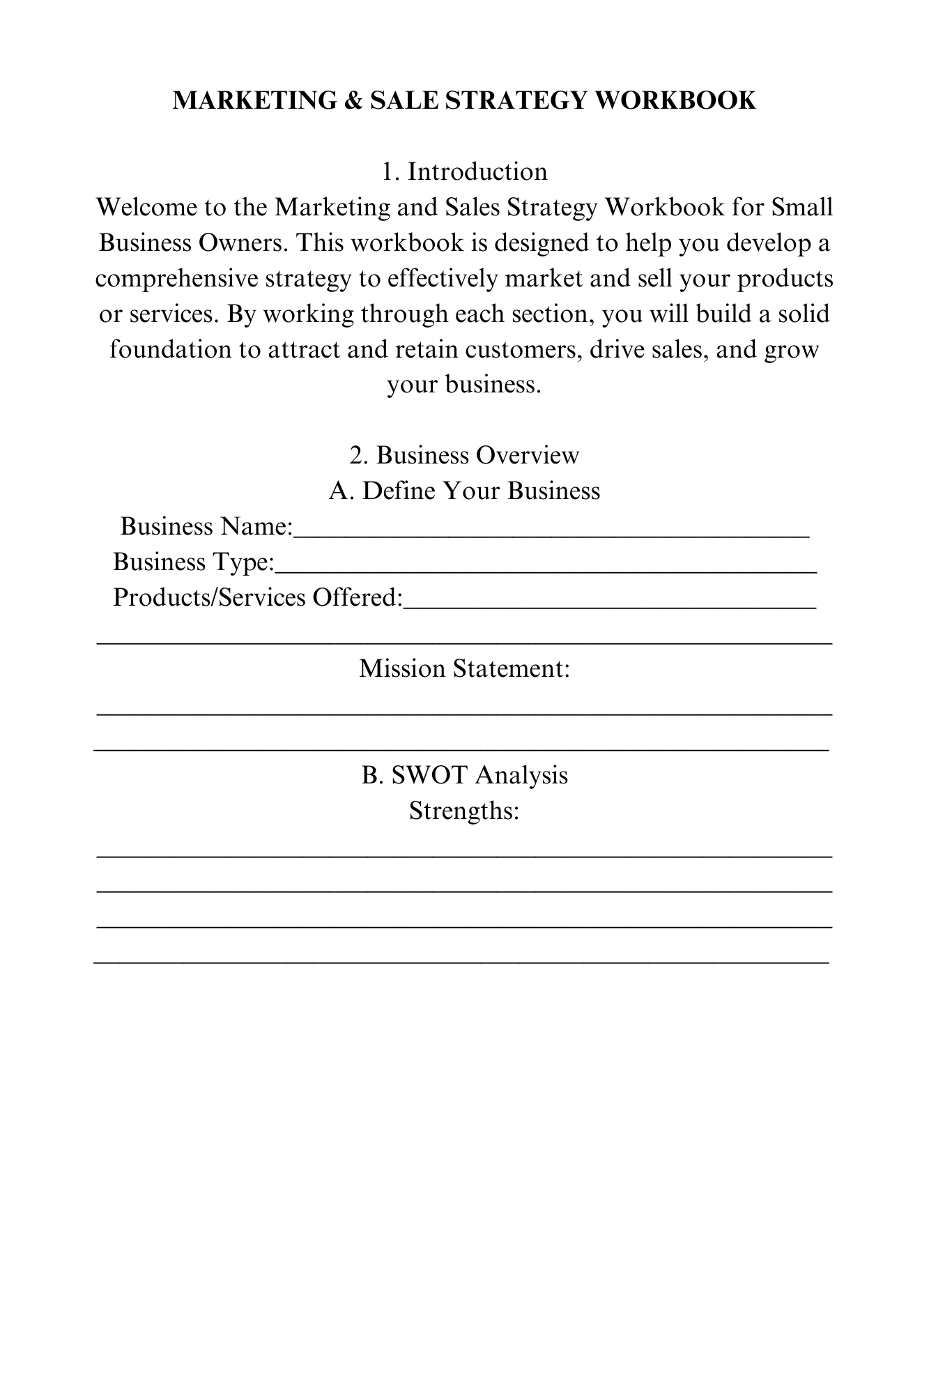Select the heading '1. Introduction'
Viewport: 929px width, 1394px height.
(x=464, y=171)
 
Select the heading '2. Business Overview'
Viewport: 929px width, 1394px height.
(x=464, y=455)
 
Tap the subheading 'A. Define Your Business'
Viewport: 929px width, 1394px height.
(x=464, y=491)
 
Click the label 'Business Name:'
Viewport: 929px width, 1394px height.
(x=207, y=526)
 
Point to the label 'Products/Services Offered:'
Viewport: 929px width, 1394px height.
(x=258, y=597)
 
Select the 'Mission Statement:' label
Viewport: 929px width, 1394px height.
(x=465, y=668)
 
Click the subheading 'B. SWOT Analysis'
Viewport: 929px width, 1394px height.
(x=464, y=775)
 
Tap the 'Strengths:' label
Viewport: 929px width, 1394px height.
(x=464, y=811)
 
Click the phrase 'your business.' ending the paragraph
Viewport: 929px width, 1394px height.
(x=464, y=385)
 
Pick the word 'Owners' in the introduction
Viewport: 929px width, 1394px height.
(x=242, y=243)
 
